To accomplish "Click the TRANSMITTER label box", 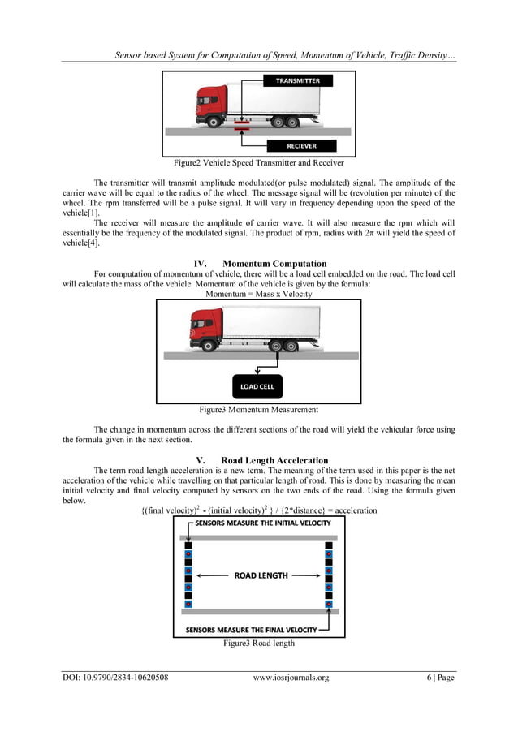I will pos(297,81).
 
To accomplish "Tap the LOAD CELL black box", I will pos(257,386).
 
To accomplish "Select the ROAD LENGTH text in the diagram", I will pos(261,575).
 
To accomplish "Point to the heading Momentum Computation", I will pos(259,264).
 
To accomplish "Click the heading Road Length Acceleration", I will pos(259,460).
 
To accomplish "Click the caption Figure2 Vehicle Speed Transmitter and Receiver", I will pos(258,162).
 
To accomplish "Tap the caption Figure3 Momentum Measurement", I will pos(258,410).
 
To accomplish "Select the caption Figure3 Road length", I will pos(258,643).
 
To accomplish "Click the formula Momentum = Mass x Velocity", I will pos(258,294).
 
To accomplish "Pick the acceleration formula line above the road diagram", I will pos(258,510).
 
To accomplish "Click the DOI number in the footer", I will pos(115,678).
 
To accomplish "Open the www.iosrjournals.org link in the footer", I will pos(291,678).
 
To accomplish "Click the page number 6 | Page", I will pos(434,678).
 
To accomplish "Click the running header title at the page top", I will pos(284,55).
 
